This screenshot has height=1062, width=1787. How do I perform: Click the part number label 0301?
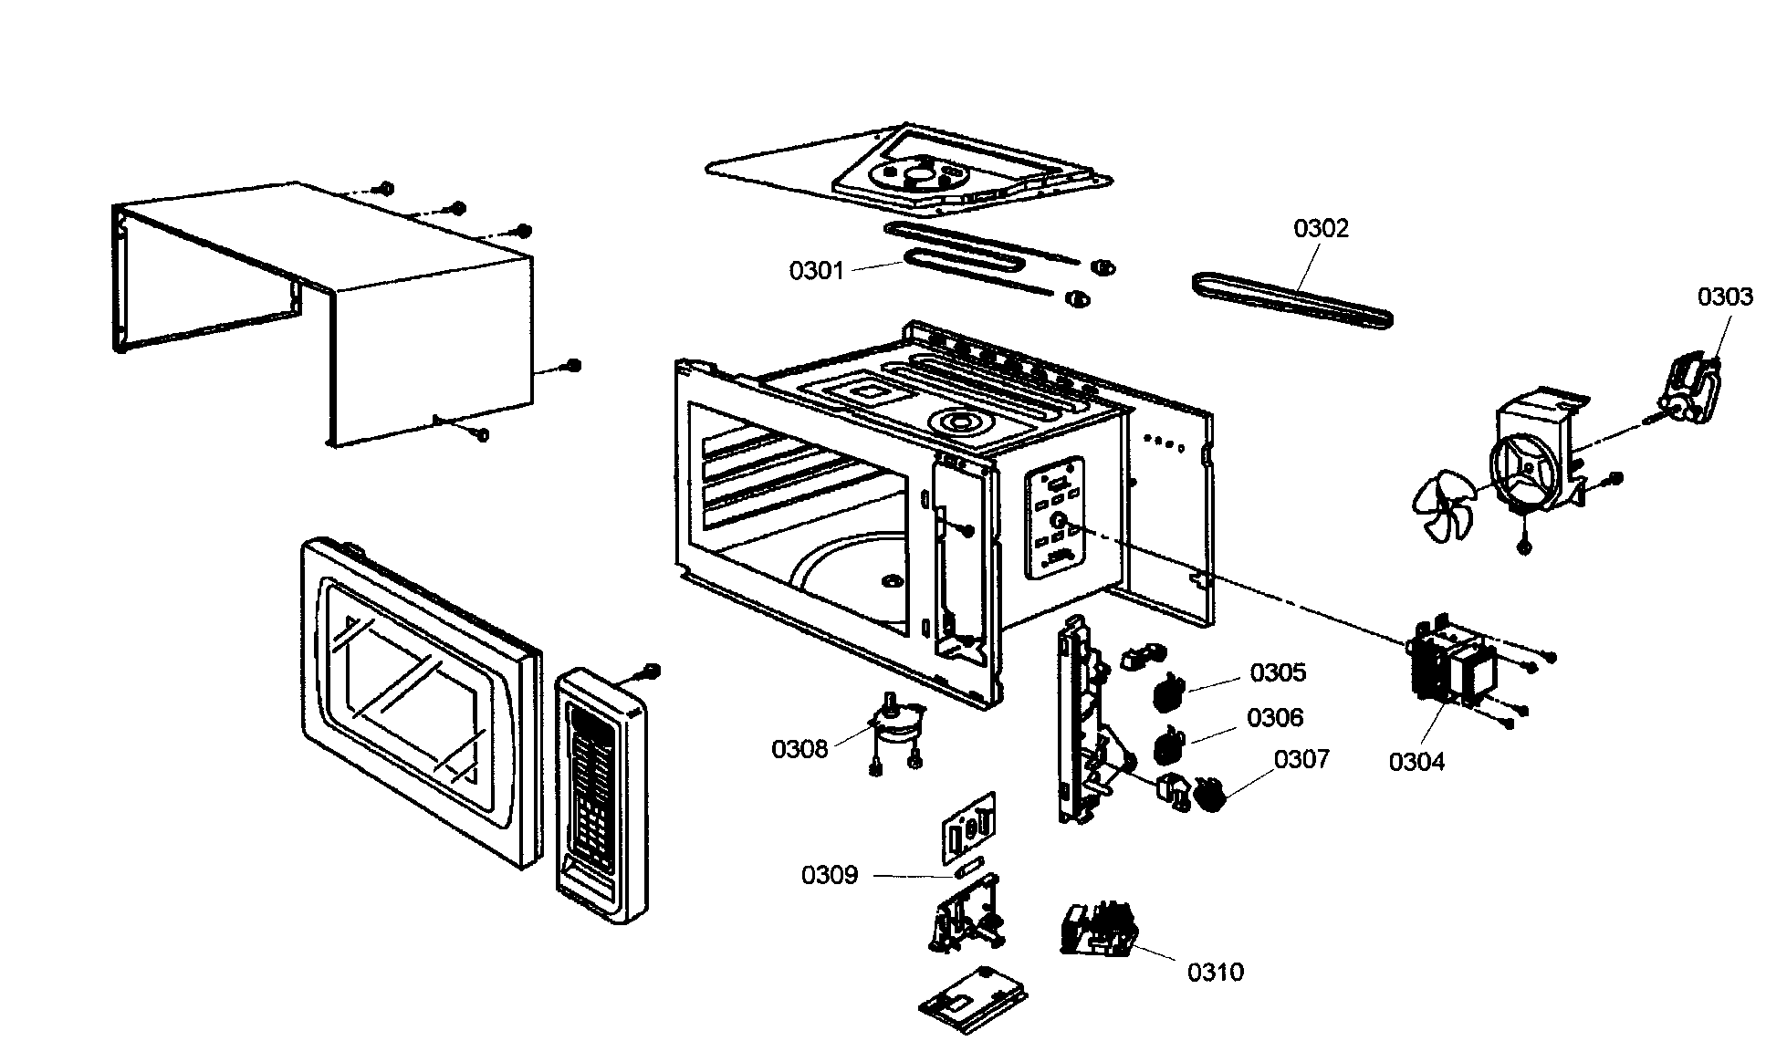point(816,271)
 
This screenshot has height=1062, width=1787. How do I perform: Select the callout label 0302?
point(1320,228)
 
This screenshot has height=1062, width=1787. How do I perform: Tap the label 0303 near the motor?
point(1724,297)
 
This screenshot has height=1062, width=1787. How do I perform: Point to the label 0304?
point(1416,762)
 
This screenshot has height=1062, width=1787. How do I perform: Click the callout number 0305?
point(1278,672)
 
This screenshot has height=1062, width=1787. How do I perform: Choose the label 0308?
point(799,749)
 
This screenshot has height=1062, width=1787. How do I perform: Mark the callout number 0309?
point(830,876)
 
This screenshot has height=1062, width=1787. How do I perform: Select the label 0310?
point(1215,973)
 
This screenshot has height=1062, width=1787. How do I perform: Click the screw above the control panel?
point(652,672)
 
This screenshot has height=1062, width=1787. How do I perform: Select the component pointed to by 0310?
point(1100,931)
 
